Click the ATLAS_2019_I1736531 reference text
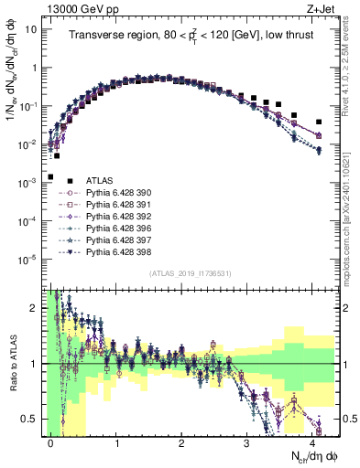click(190, 273)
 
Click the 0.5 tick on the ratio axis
click(29, 419)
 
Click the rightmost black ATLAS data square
click(319, 122)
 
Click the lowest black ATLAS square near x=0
click(50, 176)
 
